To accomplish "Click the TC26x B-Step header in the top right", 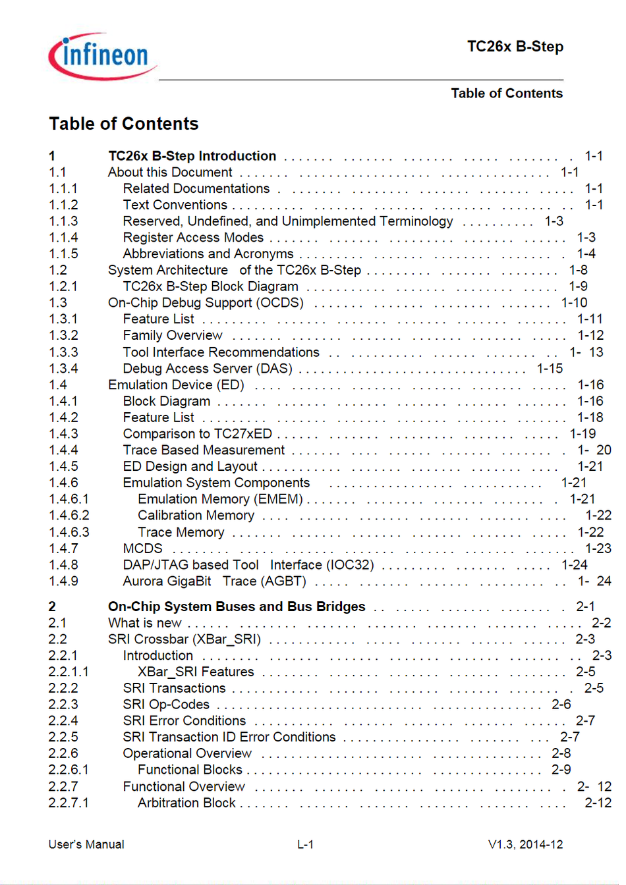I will pos(515,47).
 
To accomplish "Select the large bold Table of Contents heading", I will pos(123,124).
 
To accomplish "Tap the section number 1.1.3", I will pos(63,221).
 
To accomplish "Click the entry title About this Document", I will pos(170,173).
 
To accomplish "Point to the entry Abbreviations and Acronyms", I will pos(208,254).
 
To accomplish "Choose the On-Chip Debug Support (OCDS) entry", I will pos(206,303).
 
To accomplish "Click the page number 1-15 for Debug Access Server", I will pos(550,369).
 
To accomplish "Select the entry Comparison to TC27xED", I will pos(197,434).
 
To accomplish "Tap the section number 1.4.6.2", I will pos(69,516).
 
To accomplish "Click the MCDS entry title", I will pos(142,549).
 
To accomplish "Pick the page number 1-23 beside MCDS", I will pos(598,549).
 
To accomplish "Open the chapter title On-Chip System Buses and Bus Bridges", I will pos(237,606).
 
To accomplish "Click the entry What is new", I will pos(145,623).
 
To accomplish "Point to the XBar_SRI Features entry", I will pos(196,672).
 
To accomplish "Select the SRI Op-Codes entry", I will pos(166,705).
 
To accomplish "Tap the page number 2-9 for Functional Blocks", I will pos(561,770).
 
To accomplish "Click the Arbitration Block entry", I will pos(186,803).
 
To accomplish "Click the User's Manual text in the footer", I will pos(86,845).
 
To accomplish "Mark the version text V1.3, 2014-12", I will pos(525,845).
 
